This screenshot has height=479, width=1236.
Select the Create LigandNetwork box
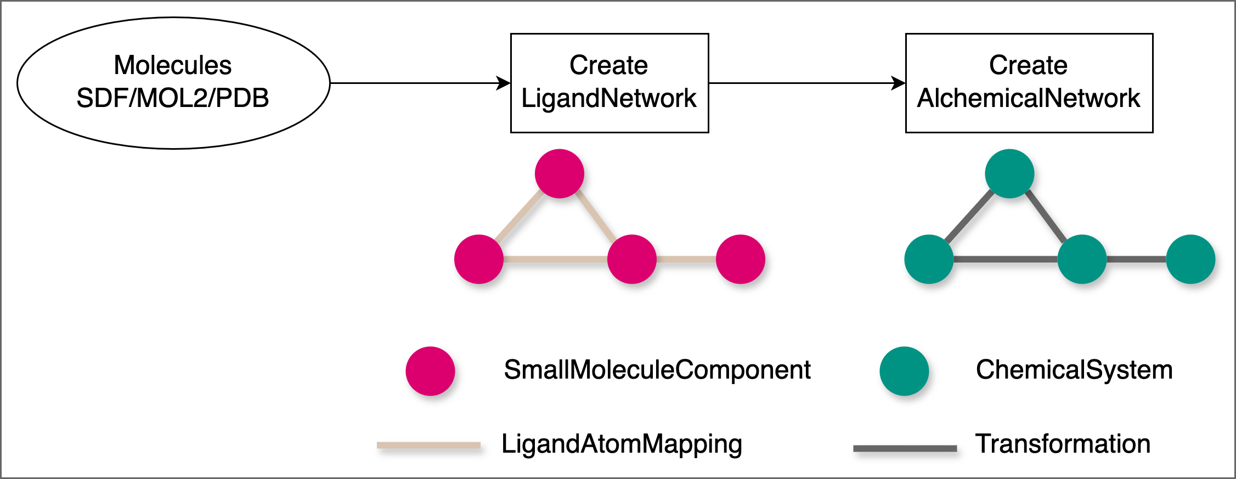(x=609, y=83)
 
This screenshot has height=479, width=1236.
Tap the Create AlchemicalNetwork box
(x=1029, y=83)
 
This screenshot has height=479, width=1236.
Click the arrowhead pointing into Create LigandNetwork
(x=504, y=83)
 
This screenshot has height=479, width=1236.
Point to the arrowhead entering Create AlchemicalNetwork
(x=899, y=83)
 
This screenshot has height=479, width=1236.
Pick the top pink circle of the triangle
(x=559, y=173)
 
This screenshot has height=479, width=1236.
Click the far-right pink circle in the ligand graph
(x=741, y=259)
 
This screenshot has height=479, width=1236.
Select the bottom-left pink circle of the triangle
(x=479, y=259)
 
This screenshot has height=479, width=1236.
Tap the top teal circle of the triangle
(x=1009, y=173)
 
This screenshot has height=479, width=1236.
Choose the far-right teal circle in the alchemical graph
(x=1190, y=259)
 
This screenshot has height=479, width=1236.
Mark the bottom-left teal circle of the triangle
(x=929, y=259)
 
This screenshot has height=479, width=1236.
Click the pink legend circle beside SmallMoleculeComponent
(x=430, y=371)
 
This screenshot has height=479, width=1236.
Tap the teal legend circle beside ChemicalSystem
(x=904, y=371)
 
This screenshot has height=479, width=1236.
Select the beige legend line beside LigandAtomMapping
(x=428, y=446)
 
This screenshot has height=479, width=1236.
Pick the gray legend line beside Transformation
(x=905, y=448)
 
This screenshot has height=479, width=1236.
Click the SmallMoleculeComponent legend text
(x=657, y=370)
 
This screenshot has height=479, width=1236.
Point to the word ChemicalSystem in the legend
(x=1074, y=370)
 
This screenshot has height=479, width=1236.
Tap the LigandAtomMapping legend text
(x=622, y=444)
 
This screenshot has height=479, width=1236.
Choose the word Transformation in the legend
(x=1063, y=443)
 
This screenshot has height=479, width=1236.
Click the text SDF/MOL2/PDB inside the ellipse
(x=173, y=98)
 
